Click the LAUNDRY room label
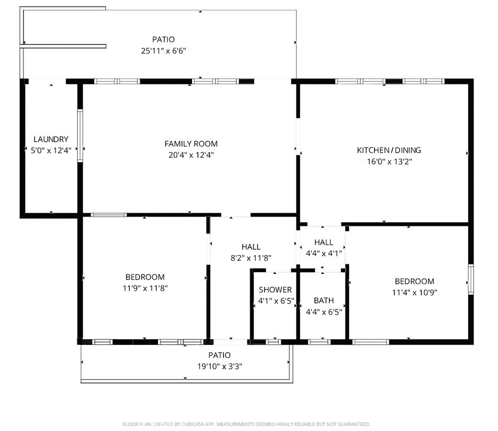click(51, 139)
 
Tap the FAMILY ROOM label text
click(191, 144)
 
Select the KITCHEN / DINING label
click(389, 150)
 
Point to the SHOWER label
click(275, 289)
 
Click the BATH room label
click(323, 300)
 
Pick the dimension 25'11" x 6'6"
click(163, 51)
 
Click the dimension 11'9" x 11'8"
click(145, 288)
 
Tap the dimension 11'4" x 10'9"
click(414, 292)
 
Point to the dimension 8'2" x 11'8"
click(251, 258)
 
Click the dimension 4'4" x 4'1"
click(323, 253)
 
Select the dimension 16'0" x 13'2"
click(389, 162)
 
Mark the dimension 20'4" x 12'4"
click(191, 155)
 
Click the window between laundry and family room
click(80, 136)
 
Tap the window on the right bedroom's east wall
click(470, 279)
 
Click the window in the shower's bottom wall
click(273, 342)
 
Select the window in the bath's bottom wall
click(319, 342)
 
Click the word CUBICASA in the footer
click(191, 424)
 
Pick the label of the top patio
click(163, 39)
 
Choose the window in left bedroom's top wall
click(108, 215)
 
